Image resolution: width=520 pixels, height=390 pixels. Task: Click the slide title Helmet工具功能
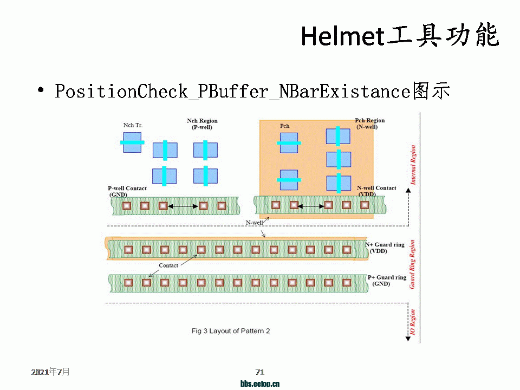coord(399,36)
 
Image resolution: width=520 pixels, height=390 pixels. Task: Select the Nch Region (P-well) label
coord(202,124)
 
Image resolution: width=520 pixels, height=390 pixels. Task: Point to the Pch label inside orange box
coord(285,126)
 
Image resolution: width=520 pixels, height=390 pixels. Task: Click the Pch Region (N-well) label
coord(369,123)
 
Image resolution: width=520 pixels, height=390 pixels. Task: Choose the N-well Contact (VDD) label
coord(376,191)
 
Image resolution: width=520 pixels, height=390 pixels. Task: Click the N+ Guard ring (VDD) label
coord(387,248)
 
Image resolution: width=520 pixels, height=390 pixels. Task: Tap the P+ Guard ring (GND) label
coord(387,281)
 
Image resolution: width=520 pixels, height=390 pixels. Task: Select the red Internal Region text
coord(413,165)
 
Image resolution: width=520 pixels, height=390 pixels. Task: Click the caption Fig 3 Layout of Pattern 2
coord(231,331)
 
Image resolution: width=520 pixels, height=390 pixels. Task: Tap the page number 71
coord(260,372)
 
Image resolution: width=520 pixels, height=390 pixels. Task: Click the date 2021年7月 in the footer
coord(50,372)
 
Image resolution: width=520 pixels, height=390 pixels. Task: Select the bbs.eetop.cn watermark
coord(260,384)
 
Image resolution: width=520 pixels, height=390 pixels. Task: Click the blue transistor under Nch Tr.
coord(132,142)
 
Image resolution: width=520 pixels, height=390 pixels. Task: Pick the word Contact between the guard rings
coord(168,265)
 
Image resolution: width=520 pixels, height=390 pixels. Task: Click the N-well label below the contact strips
coord(254,223)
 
